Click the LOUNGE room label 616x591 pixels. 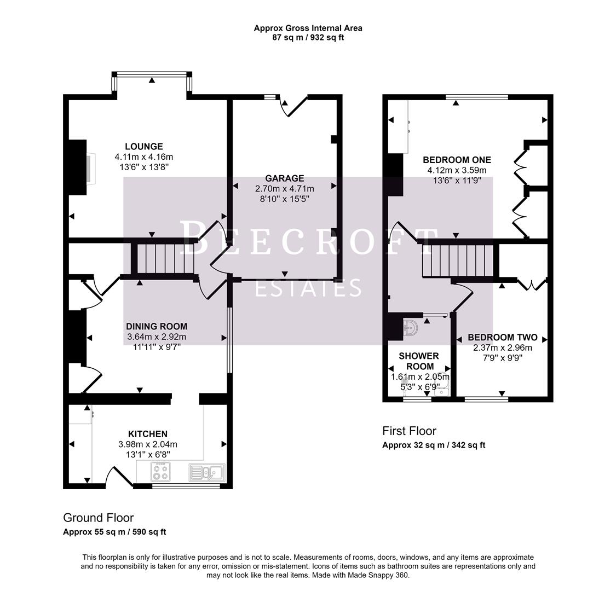point(143,146)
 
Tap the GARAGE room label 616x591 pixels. point(284,178)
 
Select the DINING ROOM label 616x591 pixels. point(157,326)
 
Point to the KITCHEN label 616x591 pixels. point(147,434)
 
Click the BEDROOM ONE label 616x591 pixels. point(457,160)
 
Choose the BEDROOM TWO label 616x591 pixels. point(502,337)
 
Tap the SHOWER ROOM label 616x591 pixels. point(419,361)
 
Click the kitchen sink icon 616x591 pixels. point(206,472)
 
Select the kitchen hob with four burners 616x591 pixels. point(160,472)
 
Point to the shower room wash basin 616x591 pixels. point(410,328)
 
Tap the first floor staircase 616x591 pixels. point(458,260)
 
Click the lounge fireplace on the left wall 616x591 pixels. point(78,167)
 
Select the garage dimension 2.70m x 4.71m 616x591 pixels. point(284,189)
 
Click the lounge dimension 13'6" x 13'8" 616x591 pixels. point(143,167)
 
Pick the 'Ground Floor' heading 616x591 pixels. point(98,518)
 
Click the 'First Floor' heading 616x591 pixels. point(409,431)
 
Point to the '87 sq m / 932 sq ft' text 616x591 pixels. point(308,38)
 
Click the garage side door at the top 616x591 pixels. point(293,106)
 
